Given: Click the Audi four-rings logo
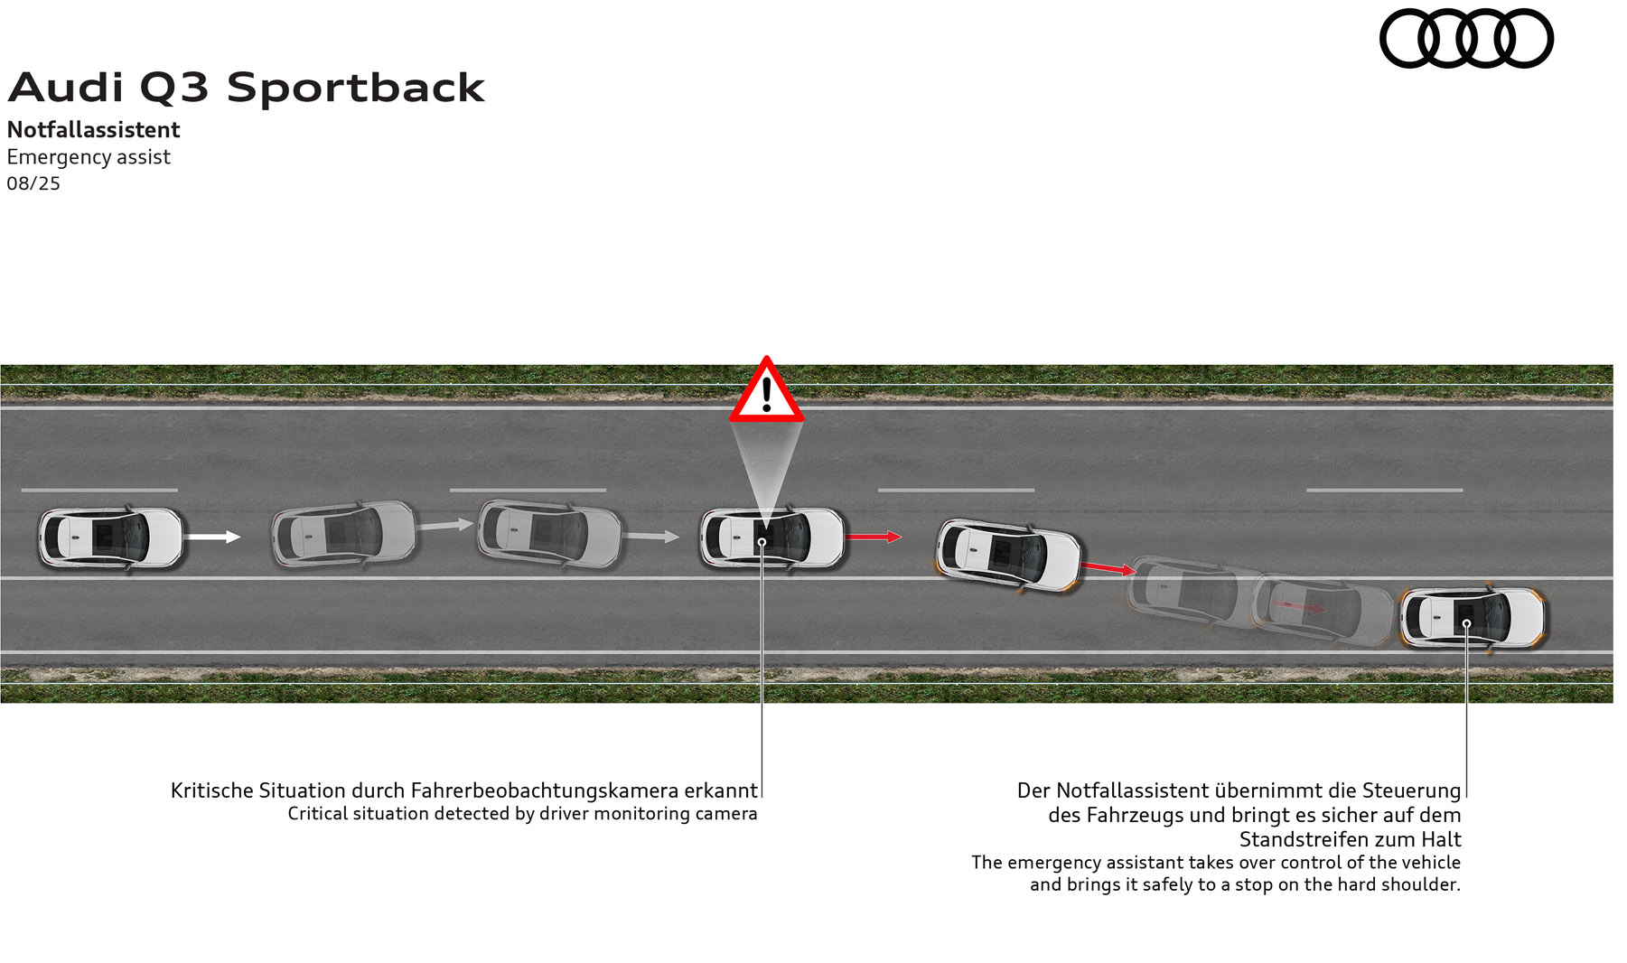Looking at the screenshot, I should coord(1465,38).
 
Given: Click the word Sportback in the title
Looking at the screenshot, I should coord(355,88).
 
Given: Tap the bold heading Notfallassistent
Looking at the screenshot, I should coord(93,130).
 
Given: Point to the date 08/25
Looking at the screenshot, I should coord(33,183).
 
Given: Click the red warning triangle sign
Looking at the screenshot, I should coord(766,391).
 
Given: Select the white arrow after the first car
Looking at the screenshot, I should coord(212,537).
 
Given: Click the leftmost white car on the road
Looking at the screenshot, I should coord(110,538).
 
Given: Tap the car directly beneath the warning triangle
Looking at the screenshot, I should coord(771,538).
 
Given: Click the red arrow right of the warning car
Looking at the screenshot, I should coord(873,537).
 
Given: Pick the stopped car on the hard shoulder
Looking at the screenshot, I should coord(1473,618).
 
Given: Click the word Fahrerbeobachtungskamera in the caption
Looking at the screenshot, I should coord(544,790).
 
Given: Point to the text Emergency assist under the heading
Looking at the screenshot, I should coord(89,157).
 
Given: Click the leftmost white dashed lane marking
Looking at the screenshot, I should coord(99,491).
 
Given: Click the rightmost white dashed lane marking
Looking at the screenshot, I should coord(1384,491).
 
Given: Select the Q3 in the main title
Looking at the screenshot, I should coord(173,88).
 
